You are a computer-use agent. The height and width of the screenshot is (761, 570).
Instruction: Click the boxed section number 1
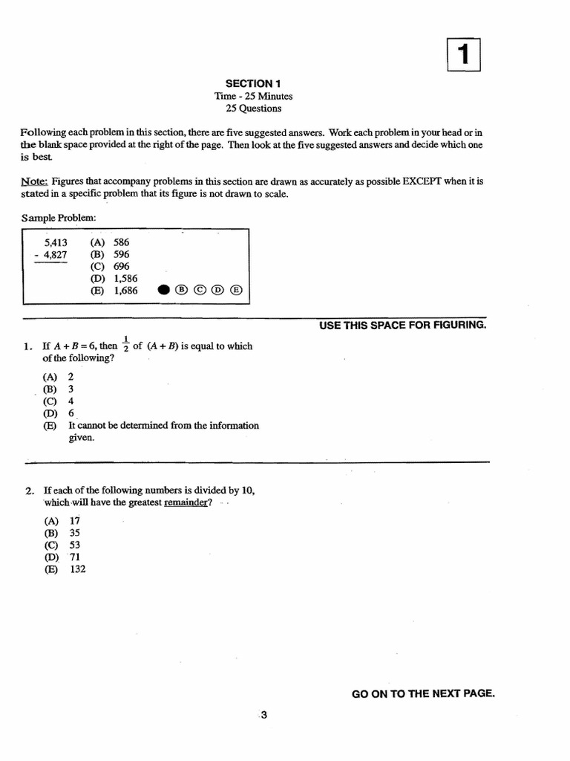[465, 55]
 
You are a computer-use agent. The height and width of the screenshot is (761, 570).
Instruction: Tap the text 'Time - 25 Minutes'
[253, 96]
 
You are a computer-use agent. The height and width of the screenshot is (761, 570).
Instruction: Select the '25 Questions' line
[253, 109]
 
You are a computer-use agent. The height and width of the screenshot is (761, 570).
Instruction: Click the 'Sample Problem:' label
[59, 217]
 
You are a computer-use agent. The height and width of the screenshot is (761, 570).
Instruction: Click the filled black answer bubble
[164, 291]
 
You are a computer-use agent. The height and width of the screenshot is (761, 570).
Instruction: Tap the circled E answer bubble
[236, 291]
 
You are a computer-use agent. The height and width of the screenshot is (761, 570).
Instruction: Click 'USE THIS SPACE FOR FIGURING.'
[403, 326]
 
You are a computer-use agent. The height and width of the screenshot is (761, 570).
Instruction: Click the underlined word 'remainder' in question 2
[186, 502]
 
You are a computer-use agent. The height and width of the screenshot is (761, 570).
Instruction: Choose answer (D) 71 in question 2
[62, 557]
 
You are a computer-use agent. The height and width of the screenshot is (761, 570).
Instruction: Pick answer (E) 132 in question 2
[65, 569]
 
